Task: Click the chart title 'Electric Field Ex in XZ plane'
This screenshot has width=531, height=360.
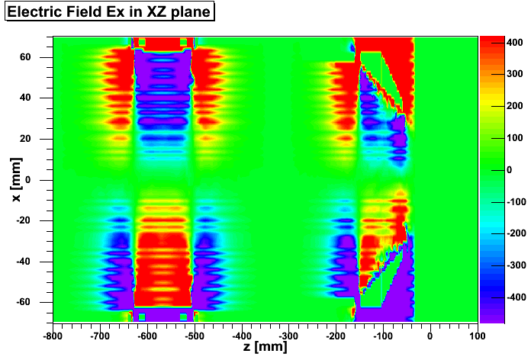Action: [x=108, y=13]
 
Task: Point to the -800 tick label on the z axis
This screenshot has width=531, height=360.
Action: [x=52, y=334]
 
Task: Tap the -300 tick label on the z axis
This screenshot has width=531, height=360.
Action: [x=288, y=334]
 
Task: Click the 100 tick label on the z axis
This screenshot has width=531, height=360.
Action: [x=478, y=334]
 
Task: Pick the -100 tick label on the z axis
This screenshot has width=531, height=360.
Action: [x=383, y=334]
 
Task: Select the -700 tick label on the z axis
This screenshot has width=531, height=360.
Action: [x=99, y=334]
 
